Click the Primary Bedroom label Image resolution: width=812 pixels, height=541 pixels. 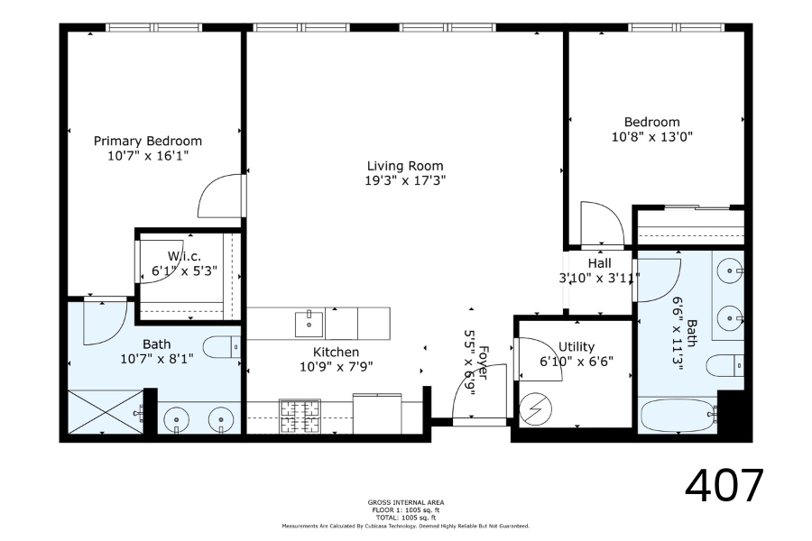click(148, 141)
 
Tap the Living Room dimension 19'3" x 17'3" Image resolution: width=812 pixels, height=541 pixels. click(405, 180)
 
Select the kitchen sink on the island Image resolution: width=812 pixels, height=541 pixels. click(309, 324)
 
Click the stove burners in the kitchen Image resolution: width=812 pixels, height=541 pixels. click(300, 417)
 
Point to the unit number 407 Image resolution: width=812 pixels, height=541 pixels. click(724, 486)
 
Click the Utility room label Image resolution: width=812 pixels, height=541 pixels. click(577, 346)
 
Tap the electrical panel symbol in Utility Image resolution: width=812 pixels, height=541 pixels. click(535, 409)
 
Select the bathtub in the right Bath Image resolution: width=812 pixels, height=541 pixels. click(678, 415)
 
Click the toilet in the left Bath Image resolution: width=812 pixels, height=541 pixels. click(222, 347)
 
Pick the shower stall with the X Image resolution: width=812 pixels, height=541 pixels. click(106, 412)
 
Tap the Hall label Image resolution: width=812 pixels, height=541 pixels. click(600, 263)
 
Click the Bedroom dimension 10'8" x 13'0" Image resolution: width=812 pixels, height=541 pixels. click(652, 137)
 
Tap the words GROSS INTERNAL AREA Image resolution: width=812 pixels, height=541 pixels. click(406, 503)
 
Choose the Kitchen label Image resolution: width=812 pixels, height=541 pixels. click(337, 352)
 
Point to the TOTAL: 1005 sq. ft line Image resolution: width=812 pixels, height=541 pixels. click(406, 518)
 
